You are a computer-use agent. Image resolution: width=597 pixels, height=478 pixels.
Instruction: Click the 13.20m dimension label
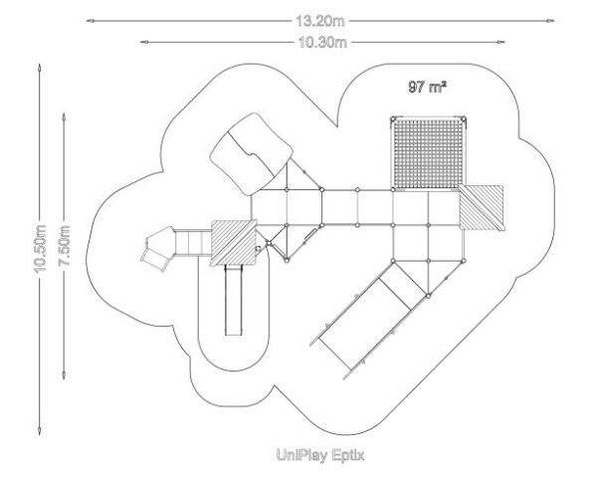[319, 21]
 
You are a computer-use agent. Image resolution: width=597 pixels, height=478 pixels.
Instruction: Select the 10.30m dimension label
[322, 42]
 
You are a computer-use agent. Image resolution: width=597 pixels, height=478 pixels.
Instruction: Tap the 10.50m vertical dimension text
[40, 249]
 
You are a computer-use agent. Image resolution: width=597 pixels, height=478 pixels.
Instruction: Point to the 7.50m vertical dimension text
[64, 246]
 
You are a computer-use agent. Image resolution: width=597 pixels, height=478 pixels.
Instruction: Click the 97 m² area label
[427, 87]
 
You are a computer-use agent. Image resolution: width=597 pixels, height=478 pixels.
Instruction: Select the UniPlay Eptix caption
[320, 455]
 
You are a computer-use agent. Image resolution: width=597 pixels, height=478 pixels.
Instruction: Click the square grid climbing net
[429, 153]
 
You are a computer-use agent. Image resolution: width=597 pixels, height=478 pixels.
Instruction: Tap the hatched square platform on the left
[234, 243]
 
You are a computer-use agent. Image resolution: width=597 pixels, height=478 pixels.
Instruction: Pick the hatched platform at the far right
[482, 208]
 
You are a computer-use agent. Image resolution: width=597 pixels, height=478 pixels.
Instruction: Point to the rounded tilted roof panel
[252, 154]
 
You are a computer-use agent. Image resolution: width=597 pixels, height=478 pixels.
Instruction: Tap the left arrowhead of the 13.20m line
[90, 21]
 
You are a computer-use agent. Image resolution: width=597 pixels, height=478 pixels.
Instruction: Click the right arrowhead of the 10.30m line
[501, 42]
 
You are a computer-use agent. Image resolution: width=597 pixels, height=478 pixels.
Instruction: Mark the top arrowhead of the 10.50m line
[39, 68]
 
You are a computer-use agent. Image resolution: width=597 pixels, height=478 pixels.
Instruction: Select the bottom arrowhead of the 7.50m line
[64, 375]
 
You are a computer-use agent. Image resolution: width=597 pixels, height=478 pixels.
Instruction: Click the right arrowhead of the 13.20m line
[550, 21]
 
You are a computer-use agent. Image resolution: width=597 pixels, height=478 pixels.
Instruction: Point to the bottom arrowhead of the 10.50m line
[39, 431]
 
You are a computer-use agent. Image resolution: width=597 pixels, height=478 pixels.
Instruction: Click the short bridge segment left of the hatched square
[193, 243]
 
